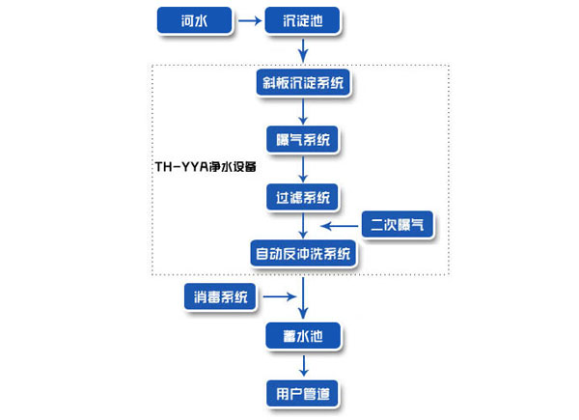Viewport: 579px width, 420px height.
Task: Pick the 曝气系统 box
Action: pyautogui.click(x=304, y=140)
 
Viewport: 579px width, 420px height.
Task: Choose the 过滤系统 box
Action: pyautogui.click(x=304, y=198)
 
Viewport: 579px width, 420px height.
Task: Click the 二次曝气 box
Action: pyautogui.click(x=398, y=227)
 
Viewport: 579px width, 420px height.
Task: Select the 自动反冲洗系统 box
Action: pyautogui.click(x=304, y=255)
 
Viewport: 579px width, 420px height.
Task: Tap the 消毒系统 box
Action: pyautogui.click(x=221, y=297)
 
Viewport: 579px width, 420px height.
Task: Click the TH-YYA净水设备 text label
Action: pyautogui.click(x=206, y=166)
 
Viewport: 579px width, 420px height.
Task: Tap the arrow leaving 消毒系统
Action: pyautogui.click(x=280, y=297)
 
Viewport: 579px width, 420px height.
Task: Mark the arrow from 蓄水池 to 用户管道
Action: pyautogui.click(x=304, y=365)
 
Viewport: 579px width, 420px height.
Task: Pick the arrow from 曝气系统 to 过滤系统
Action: pyautogui.click(x=304, y=169)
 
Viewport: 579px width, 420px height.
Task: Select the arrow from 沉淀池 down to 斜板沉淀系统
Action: pyautogui.click(x=304, y=49)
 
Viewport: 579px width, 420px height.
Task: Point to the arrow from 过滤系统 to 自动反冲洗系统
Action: pyautogui.click(x=304, y=227)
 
